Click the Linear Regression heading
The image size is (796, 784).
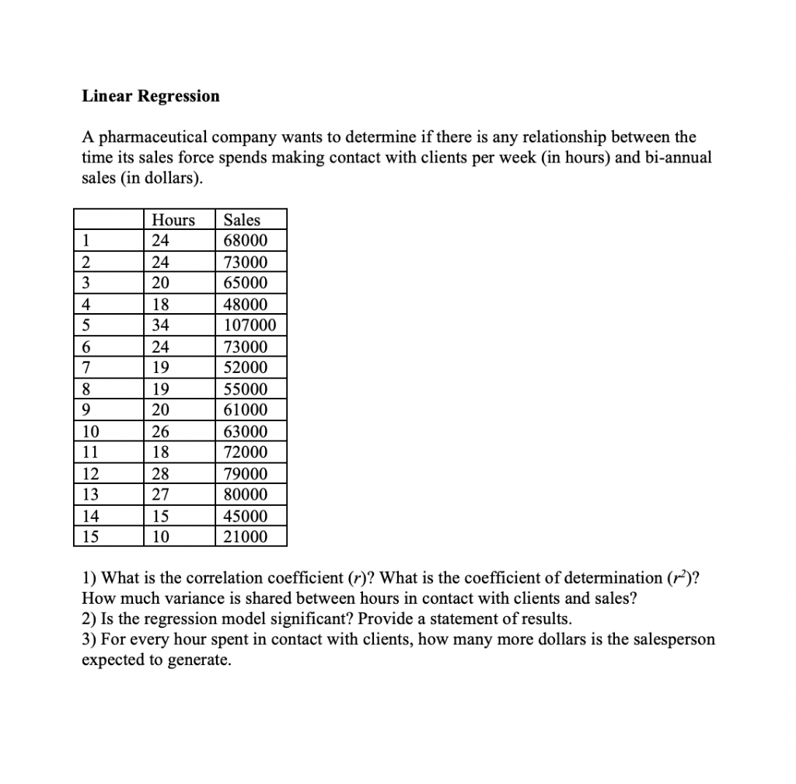[151, 96]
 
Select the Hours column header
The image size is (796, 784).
[173, 220]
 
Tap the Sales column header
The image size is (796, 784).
[242, 220]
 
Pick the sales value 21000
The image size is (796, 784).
[245, 536]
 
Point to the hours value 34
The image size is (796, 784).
[162, 325]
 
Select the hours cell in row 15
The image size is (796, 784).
[162, 536]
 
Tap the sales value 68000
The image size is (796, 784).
[245, 240]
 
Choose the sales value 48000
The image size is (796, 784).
[245, 304]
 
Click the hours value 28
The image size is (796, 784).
[162, 474]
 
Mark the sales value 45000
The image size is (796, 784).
[245, 516]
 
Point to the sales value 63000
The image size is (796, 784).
[245, 431]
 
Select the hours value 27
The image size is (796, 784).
[162, 494]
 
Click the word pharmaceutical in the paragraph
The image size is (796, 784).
[150, 138]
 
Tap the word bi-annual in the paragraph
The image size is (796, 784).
[673, 158]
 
